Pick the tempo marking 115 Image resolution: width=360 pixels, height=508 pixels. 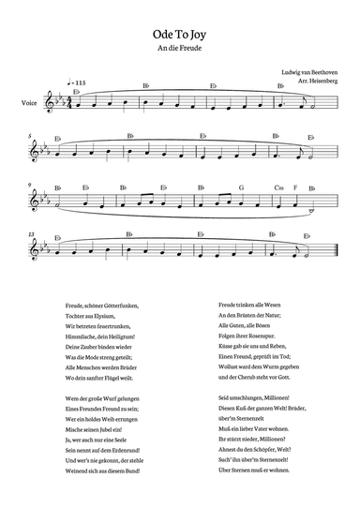pos(77,85)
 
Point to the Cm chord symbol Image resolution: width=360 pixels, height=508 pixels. pos(278,187)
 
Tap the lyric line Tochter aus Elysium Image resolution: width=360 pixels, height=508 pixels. pos(95,315)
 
